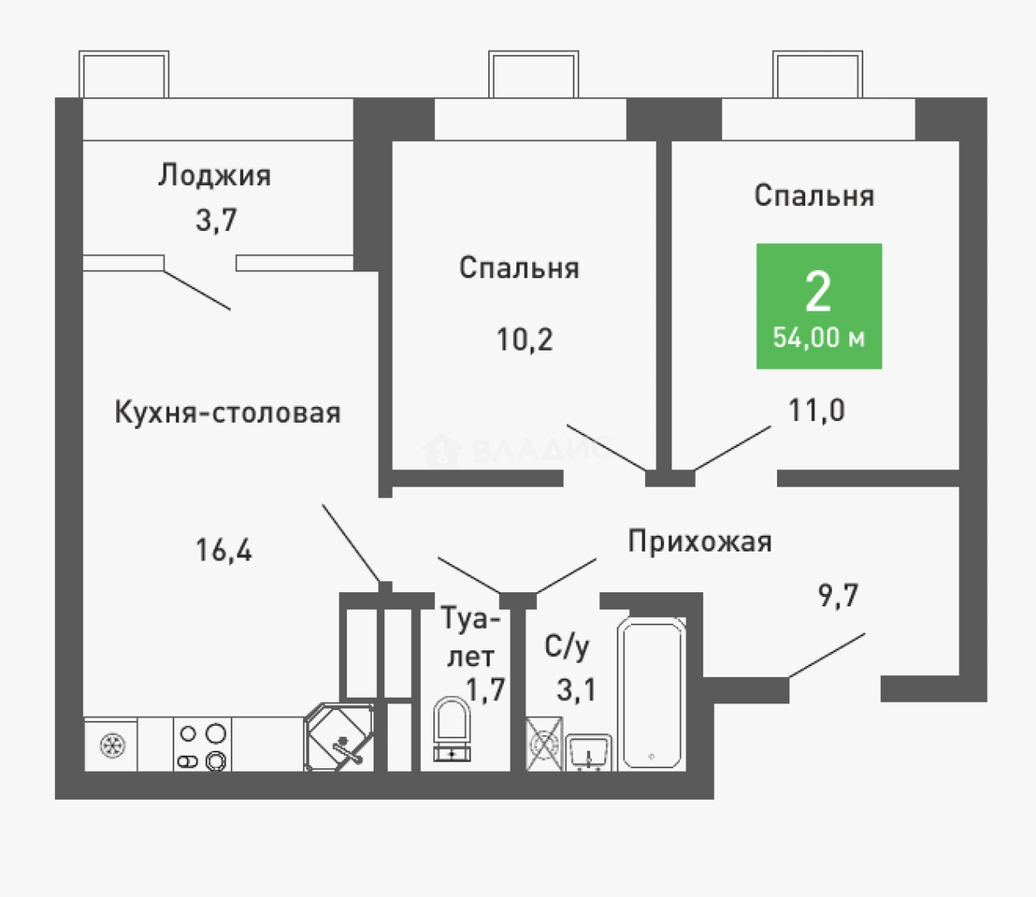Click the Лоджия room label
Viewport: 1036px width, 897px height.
[214, 176]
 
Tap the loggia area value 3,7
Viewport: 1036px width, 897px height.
[216, 220]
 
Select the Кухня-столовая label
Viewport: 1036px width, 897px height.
[227, 413]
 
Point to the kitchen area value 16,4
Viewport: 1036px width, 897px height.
[224, 549]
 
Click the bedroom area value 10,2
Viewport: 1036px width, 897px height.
[525, 339]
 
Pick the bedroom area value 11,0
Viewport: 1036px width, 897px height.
[817, 409]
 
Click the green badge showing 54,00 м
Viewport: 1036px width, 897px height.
[819, 306]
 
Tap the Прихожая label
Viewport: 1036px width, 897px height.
[699, 542]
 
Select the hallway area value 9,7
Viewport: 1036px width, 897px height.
[838, 595]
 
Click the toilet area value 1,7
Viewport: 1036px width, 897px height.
[486, 689]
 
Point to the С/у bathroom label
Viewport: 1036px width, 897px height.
[567, 647]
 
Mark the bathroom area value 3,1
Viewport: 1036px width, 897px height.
[576, 689]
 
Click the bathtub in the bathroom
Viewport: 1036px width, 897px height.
[652, 694]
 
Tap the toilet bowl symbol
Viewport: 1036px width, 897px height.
[452, 728]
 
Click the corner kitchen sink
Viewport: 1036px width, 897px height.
[339, 738]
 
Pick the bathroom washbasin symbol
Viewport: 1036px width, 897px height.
[589, 752]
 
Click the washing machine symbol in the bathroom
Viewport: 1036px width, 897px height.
[545, 744]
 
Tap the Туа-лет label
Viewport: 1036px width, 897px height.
[472, 637]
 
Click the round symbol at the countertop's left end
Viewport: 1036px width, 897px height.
[110, 746]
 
